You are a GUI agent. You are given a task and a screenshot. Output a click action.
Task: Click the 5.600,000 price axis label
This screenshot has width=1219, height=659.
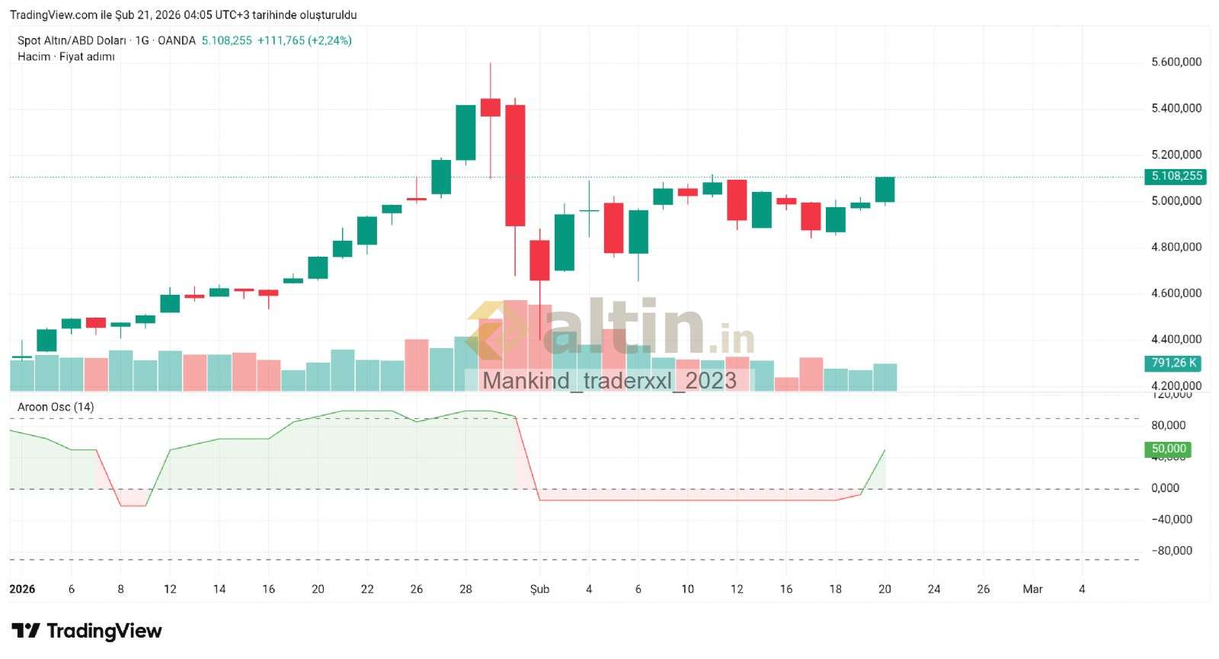point(1176,62)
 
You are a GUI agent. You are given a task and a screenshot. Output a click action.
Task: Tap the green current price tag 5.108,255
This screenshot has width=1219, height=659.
point(1176,176)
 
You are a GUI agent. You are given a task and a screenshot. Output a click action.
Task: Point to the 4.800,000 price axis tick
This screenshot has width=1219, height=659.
point(1176,247)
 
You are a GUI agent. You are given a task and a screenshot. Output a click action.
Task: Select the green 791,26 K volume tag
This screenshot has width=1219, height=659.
point(1173,363)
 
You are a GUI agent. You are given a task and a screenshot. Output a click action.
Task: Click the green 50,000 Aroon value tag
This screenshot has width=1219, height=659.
point(1168,449)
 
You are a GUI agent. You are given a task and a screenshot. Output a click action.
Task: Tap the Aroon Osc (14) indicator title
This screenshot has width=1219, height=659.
point(56,407)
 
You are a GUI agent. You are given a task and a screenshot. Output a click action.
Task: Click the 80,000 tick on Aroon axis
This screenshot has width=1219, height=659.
point(1169,425)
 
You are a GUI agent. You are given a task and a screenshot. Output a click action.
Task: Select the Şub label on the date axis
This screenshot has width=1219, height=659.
point(539,589)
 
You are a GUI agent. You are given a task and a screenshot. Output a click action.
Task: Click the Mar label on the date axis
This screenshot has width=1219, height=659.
point(1032,589)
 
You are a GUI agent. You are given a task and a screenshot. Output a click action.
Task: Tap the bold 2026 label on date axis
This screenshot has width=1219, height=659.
point(22,589)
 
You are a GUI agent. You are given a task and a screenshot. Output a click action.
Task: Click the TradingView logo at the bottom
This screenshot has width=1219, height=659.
point(87,631)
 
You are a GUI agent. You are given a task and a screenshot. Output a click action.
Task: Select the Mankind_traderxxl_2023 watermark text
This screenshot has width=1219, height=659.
point(609,380)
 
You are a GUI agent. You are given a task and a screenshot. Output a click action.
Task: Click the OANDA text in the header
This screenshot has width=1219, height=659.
point(176,40)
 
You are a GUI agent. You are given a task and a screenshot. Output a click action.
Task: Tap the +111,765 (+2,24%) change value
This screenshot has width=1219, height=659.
point(304,40)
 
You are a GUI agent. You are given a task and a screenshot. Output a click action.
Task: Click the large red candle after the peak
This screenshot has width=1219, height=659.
point(515,165)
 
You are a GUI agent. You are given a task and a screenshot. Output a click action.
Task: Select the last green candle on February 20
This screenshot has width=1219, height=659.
point(885,190)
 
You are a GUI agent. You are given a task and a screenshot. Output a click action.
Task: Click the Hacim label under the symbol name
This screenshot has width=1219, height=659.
point(34,56)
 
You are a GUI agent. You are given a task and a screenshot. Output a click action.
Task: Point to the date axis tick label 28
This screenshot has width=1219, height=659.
point(466,589)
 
